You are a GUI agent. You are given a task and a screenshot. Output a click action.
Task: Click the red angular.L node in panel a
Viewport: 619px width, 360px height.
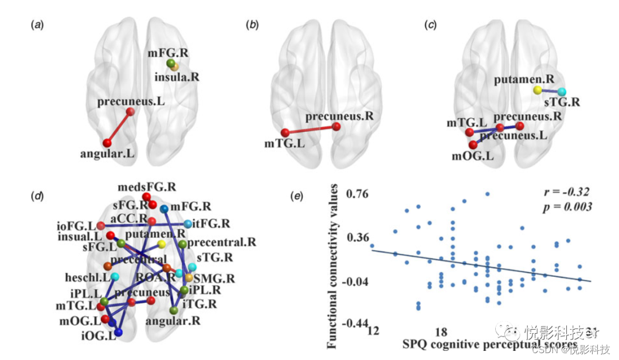coord(107,142)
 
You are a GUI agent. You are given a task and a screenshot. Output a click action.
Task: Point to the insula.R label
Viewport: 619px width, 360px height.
coord(177,76)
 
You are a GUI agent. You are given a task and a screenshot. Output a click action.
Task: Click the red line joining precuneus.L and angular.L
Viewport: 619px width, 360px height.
coord(119,127)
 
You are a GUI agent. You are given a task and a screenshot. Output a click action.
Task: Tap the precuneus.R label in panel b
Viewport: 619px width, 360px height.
coord(339,117)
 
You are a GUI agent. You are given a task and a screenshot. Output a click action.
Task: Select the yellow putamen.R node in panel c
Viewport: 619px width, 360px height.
coord(537,90)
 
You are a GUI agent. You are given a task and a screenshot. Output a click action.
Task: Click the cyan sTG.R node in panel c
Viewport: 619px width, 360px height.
coord(561,92)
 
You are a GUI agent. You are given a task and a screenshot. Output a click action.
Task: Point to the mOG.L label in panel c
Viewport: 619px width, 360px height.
coord(469,156)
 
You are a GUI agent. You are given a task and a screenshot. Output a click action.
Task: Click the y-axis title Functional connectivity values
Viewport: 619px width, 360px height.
coord(332,267)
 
